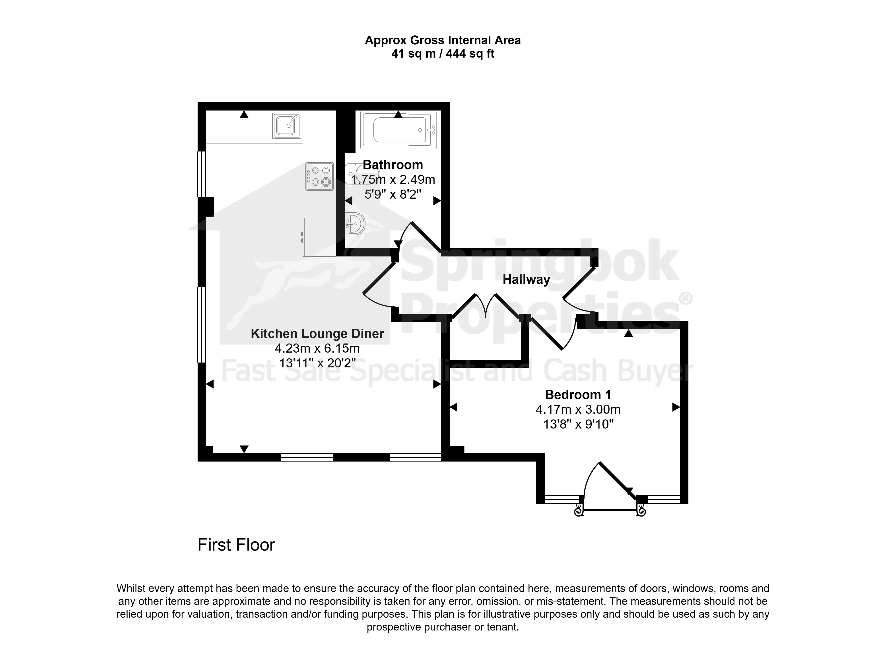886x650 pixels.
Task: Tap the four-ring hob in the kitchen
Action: tap(319, 176)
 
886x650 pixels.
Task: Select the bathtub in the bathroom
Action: tap(398, 130)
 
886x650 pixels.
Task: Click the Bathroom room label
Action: tap(393, 165)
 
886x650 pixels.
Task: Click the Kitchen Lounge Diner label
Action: tap(317, 334)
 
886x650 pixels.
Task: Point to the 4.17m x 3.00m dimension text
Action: tap(578, 409)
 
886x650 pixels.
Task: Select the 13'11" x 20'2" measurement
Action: tap(317, 363)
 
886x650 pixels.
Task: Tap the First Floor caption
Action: tap(236, 545)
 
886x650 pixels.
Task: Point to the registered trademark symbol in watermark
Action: tap(685, 299)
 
